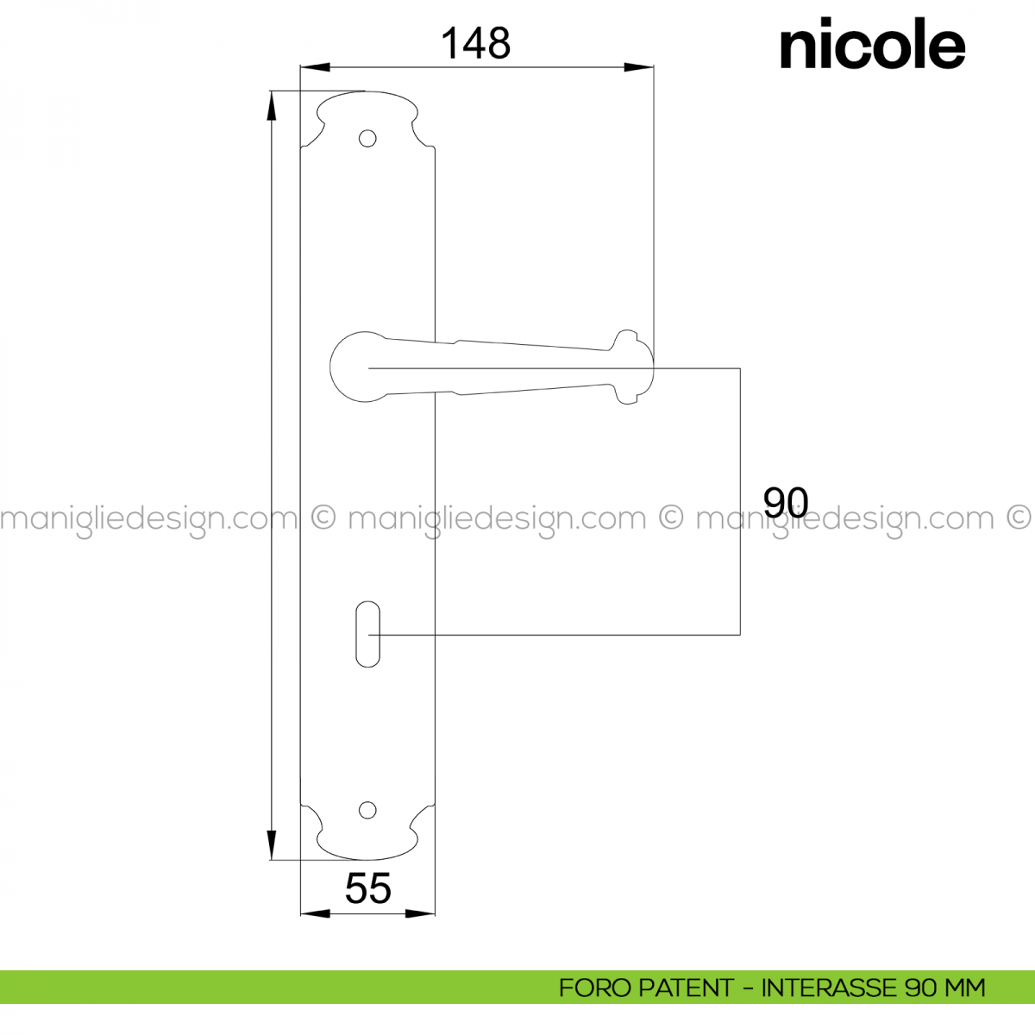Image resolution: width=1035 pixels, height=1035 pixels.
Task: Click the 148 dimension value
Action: point(475,43)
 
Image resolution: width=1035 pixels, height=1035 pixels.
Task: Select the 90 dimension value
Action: point(785,502)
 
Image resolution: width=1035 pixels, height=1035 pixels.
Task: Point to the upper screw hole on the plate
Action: point(367,139)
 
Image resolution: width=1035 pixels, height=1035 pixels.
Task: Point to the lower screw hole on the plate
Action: point(367,811)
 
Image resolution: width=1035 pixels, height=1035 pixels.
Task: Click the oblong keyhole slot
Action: point(368,634)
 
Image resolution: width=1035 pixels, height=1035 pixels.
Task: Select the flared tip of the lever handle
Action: point(634,367)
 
